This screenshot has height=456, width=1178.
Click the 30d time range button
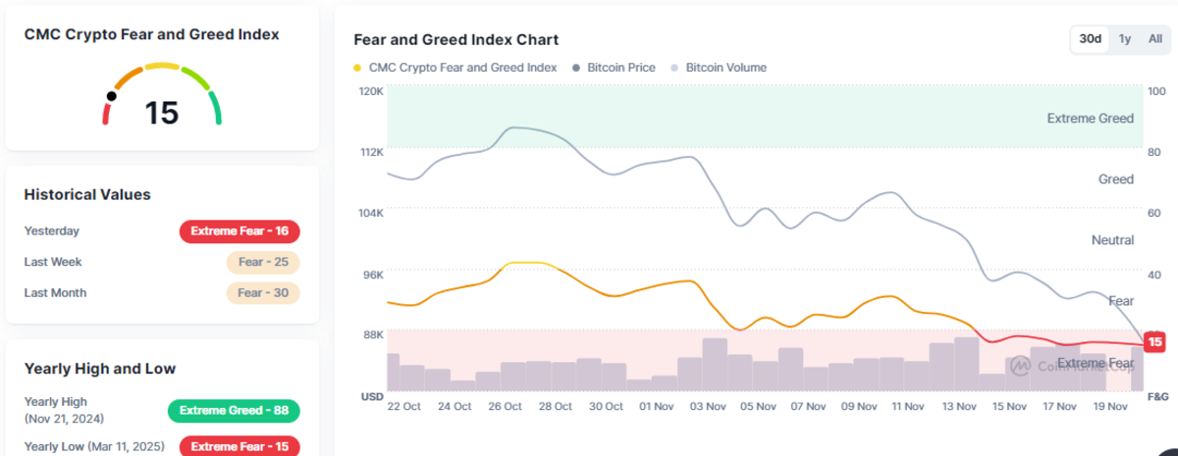tap(1090, 39)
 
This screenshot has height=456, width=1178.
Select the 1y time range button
tap(1125, 39)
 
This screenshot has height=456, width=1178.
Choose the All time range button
tap(1155, 39)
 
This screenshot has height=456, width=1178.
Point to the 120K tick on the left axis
tap(372, 91)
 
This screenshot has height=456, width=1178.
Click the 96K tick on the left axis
tap(373, 275)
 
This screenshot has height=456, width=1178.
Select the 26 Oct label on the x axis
tap(506, 406)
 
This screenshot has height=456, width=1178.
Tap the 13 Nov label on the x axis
tap(959, 406)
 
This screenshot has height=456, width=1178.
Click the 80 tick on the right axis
tap(1154, 152)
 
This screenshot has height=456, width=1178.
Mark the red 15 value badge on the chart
tap(1154, 342)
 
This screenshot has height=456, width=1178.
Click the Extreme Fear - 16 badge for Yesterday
tap(240, 231)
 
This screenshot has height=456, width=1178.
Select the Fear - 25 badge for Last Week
tap(262, 262)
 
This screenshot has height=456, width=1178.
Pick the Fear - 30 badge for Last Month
tap(262, 292)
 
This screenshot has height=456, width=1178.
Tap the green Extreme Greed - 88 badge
tap(234, 411)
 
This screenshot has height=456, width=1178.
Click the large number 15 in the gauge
tap(162, 113)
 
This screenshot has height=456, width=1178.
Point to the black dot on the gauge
tap(111, 96)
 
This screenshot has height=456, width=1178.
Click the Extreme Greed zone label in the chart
tap(1090, 119)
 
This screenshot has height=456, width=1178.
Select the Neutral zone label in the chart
tap(1112, 240)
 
